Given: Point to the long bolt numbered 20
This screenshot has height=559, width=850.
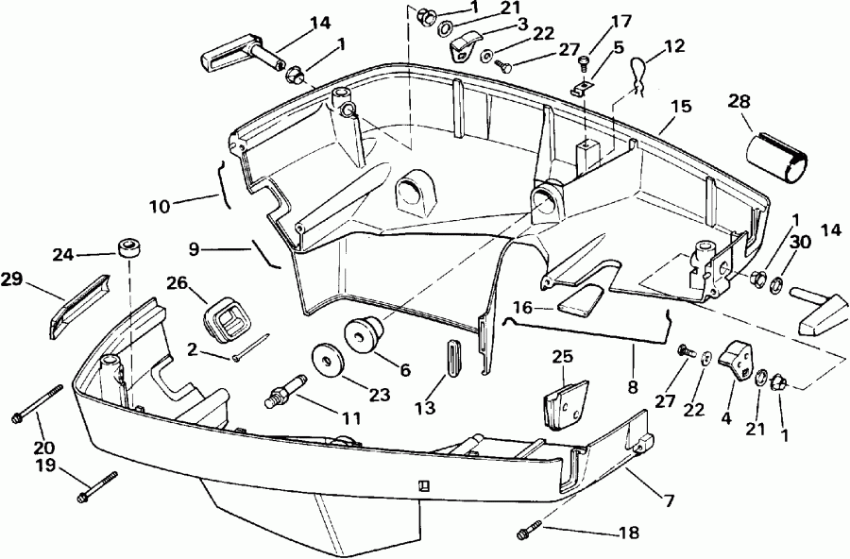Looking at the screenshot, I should tap(39, 403).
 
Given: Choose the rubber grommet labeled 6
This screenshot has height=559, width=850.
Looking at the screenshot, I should tap(362, 336).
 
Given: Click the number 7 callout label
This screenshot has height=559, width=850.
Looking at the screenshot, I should tap(669, 500).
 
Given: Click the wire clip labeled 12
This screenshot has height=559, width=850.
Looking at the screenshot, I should tap(639, 77).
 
